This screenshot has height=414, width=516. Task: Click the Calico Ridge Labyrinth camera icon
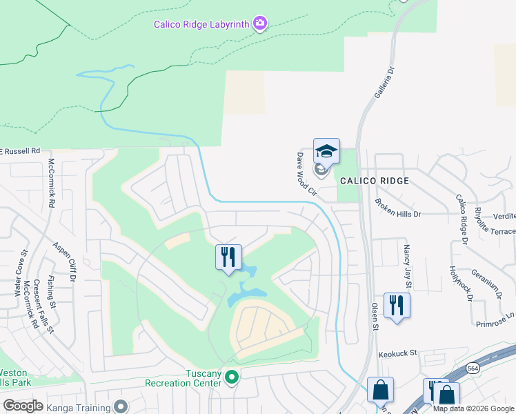(260, 24)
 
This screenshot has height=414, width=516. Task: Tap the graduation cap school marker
(326, 151)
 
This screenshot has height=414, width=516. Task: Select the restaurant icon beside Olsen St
(397, 305)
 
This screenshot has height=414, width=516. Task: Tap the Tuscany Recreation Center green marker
(232, 377)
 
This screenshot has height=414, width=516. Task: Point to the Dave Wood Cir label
(306, 175)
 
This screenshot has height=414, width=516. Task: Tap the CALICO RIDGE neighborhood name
(375, 181)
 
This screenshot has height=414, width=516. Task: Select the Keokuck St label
(398, 353)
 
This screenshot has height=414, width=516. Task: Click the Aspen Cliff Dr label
(66, 262)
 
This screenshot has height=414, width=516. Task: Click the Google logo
(23, 405)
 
